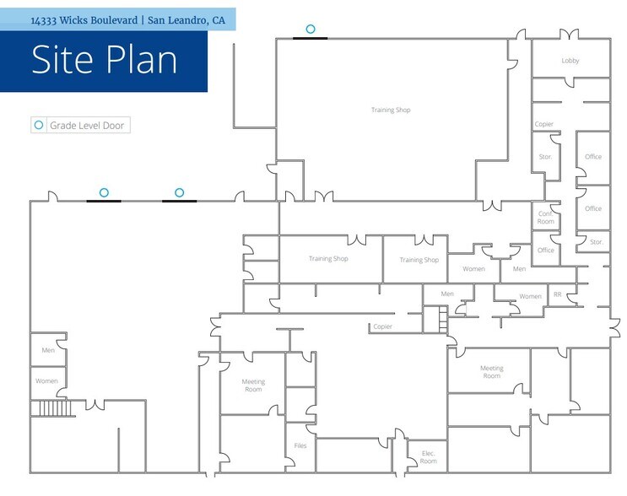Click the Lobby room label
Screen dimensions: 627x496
[x=570, y=61]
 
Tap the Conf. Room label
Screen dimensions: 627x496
[x=546, y=218]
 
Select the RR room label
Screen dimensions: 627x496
[x=558, y=294]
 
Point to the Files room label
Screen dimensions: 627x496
[x=300, y=445]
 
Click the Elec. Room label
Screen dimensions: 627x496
[x=428, y=457]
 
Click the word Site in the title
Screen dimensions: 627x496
[x=61, y=60]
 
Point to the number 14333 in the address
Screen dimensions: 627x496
[x=43, y=20]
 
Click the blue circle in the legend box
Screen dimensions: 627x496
[x=39, y=125]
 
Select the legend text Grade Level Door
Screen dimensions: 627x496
[x=87, y=126]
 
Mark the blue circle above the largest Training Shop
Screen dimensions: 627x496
[x=311, y=29]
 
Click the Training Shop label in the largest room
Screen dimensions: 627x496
[x=391, y=110]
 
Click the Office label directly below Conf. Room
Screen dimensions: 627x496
[x=546, y=251]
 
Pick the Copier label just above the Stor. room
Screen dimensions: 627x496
[x=544, y=124]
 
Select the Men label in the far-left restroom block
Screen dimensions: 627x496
[x=48, y=350]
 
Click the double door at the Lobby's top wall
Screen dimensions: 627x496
[x=569, y=35]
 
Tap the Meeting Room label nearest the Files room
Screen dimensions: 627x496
[x=253, y=385]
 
